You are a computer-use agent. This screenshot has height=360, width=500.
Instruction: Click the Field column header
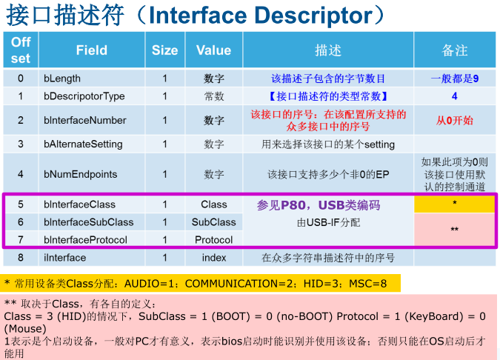click(92, 50)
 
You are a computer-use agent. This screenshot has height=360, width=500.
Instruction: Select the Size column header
click(165, 50)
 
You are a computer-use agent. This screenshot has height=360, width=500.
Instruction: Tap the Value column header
click(213, 50)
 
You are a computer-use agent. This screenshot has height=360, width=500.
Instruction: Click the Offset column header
click(21, 50)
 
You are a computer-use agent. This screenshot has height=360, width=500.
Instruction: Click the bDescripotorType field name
click(84, 96)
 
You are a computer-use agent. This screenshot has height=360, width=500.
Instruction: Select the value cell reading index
click(214, 258)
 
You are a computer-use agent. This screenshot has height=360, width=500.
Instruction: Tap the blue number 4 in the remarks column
click(454, 96)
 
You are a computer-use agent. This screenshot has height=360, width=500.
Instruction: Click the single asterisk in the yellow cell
click(454, 203)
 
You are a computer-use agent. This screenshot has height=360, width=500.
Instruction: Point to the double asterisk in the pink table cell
click(454, 230)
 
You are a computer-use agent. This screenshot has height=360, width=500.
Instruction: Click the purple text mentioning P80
click(319, 205)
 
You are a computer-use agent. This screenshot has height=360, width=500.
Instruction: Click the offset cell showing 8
click(21, 258)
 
